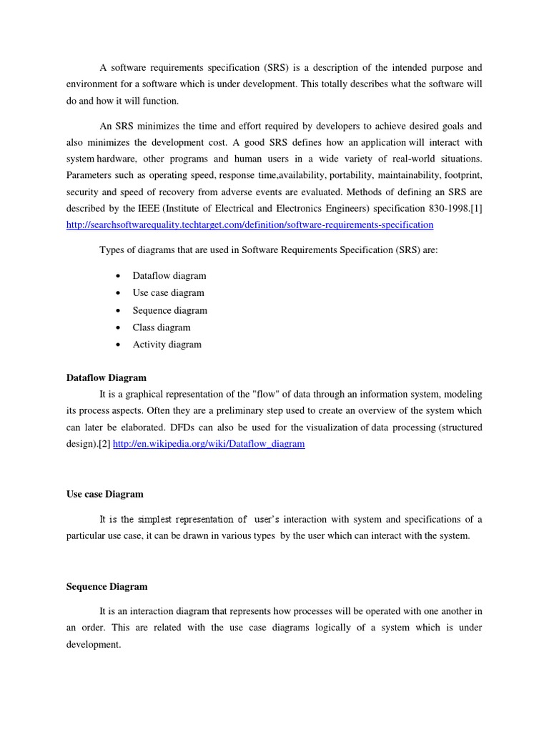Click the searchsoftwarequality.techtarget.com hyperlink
[x=249, y=224]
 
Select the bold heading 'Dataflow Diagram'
[x=107, y=377]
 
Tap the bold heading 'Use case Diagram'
[x=105, y=494]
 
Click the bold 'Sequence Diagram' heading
[x=107, y=586]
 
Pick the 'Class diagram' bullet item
[x=162, y=327]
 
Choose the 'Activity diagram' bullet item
[x=167, y=345]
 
